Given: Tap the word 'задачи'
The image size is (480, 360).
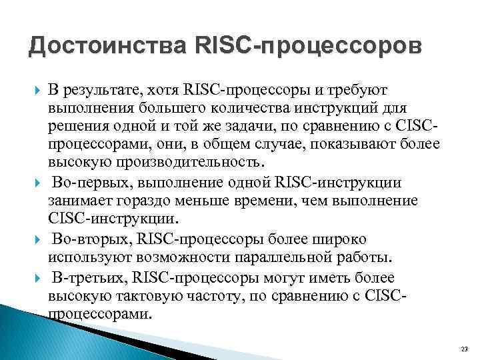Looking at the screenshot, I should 243,125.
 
